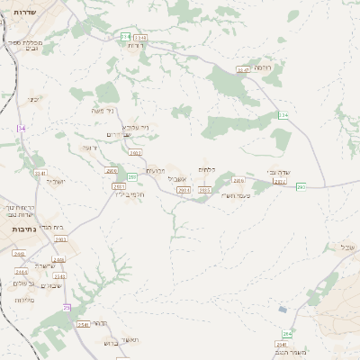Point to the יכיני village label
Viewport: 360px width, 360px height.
pyautogui.click(x=33, y=99)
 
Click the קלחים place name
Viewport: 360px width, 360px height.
pyautogui.click(x=206, y=169)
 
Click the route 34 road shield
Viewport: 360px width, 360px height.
pyautogui.click(x=22, y=129)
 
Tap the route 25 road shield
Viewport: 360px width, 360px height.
pyautogui.click(x=66, y=308)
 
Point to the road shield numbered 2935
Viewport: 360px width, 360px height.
pyautogui.click(x=205, y=190)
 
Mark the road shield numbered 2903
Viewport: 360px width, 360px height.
pyautogui.click(x=60, y=240)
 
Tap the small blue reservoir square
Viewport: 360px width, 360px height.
pyautogui.click(x=283, y=309)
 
